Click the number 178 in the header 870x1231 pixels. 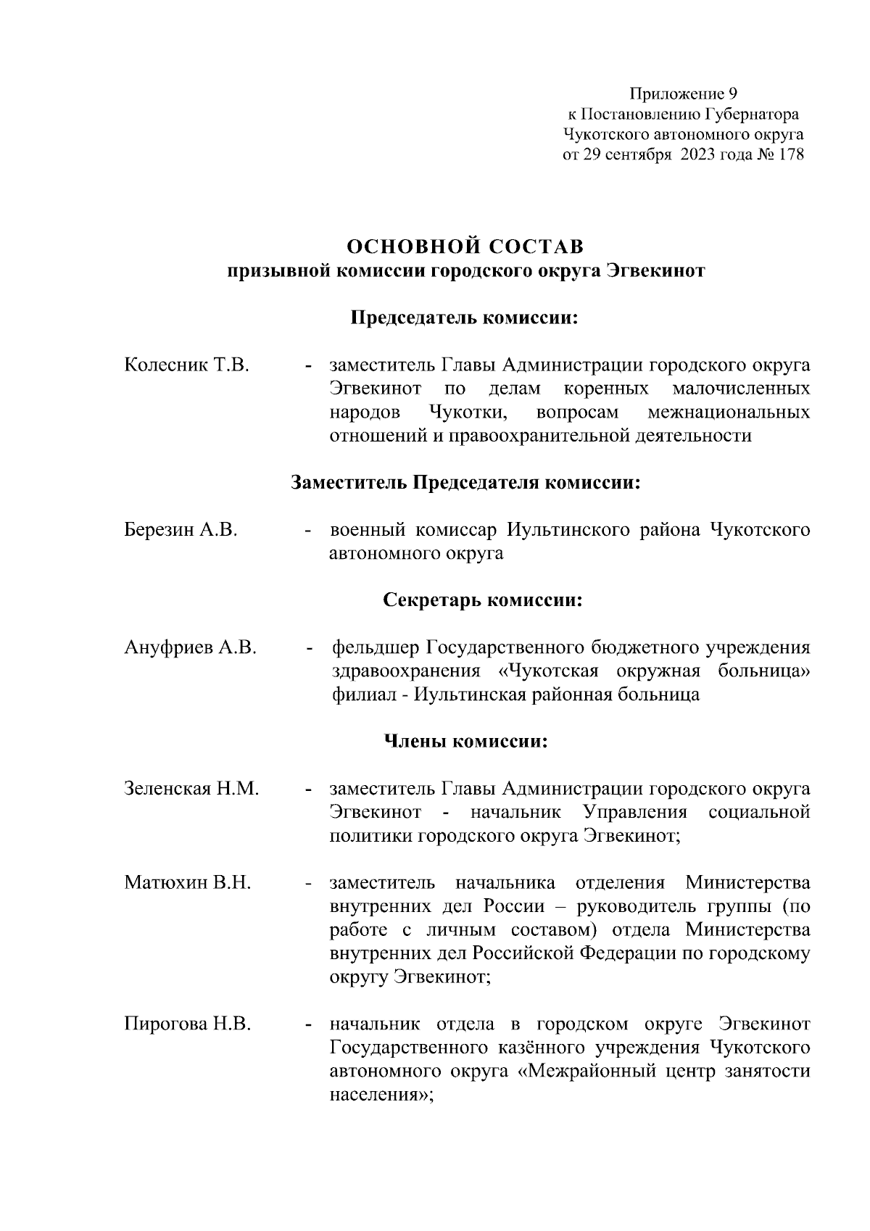click(x=790, y=155)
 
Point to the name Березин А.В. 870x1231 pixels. click(x=181, y=530)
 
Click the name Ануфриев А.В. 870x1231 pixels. click(x=191, y=647)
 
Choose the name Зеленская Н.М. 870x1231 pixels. click(x=191, y=789)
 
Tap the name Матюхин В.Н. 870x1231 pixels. click(x=188, y=883)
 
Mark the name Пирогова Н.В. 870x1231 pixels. click(x=188, y=1024)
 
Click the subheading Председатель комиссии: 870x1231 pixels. click(x=465, y=318)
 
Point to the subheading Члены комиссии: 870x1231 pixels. click(x=465, y=742)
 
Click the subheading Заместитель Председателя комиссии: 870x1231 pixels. click(x=465, y=483)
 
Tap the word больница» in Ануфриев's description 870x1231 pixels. click(x=764, y=671)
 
